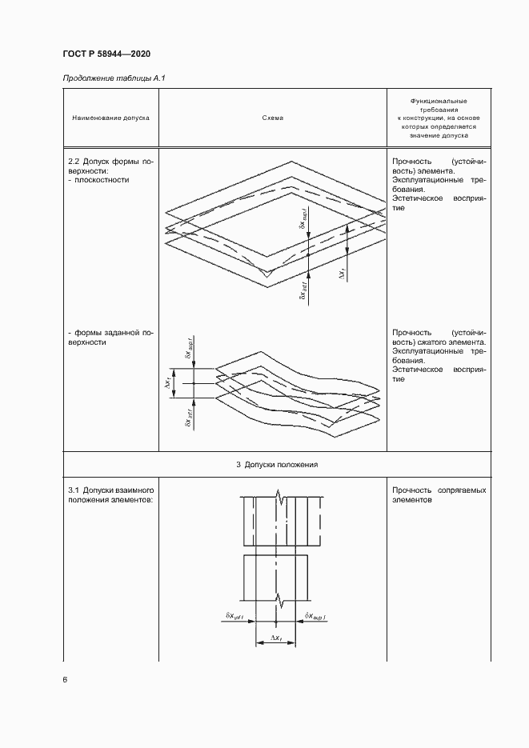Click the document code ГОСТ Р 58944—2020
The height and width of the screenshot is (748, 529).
point(106,54)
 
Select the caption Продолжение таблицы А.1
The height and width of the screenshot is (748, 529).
point(113,78)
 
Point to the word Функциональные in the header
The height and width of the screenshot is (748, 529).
point(438,101)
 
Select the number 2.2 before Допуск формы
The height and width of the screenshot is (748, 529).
point(75,161)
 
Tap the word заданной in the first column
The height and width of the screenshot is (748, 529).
point(122,332)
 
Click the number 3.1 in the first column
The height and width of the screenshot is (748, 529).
point(74,489)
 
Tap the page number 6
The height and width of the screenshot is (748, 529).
point(65,679)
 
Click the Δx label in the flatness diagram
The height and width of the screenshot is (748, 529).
point(343,274)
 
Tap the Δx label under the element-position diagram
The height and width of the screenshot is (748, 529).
point(275,638)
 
